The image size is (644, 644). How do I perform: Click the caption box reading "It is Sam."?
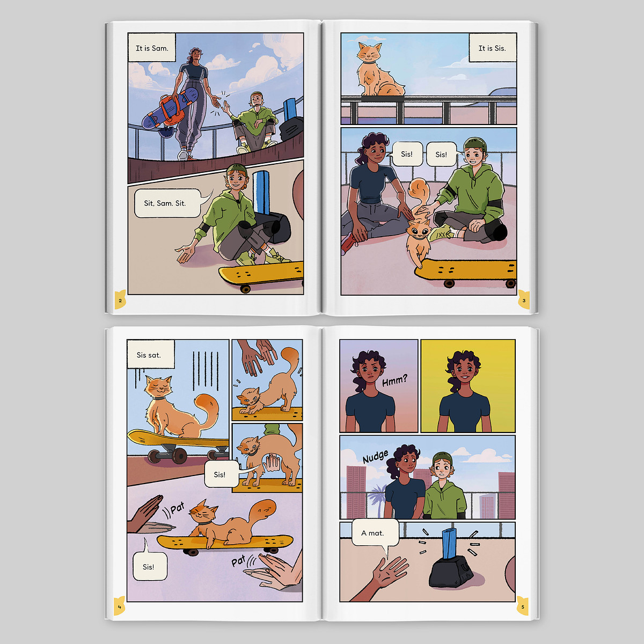tap(152, 47)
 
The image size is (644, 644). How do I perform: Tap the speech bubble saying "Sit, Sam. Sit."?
tap(168, 203)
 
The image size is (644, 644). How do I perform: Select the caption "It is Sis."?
tap(492, 48)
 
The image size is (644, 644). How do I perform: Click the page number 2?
tap(120, 301)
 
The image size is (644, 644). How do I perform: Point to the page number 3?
tap(524, 301)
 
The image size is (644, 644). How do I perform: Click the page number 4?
tap(119, 607)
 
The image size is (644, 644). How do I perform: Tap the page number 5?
tap(523, 607)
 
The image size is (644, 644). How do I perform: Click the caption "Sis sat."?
tap(151, 354)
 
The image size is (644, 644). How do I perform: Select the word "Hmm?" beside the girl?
tap(394, 380)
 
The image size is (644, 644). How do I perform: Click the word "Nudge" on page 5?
tap(376, 457)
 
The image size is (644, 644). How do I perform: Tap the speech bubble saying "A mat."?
tap(375, 533)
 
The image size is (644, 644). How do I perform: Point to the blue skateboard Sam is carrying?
tap(170, 109)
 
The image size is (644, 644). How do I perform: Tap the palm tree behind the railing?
tap(377, 499)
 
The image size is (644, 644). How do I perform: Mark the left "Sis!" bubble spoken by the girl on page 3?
tap(407, 154)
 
